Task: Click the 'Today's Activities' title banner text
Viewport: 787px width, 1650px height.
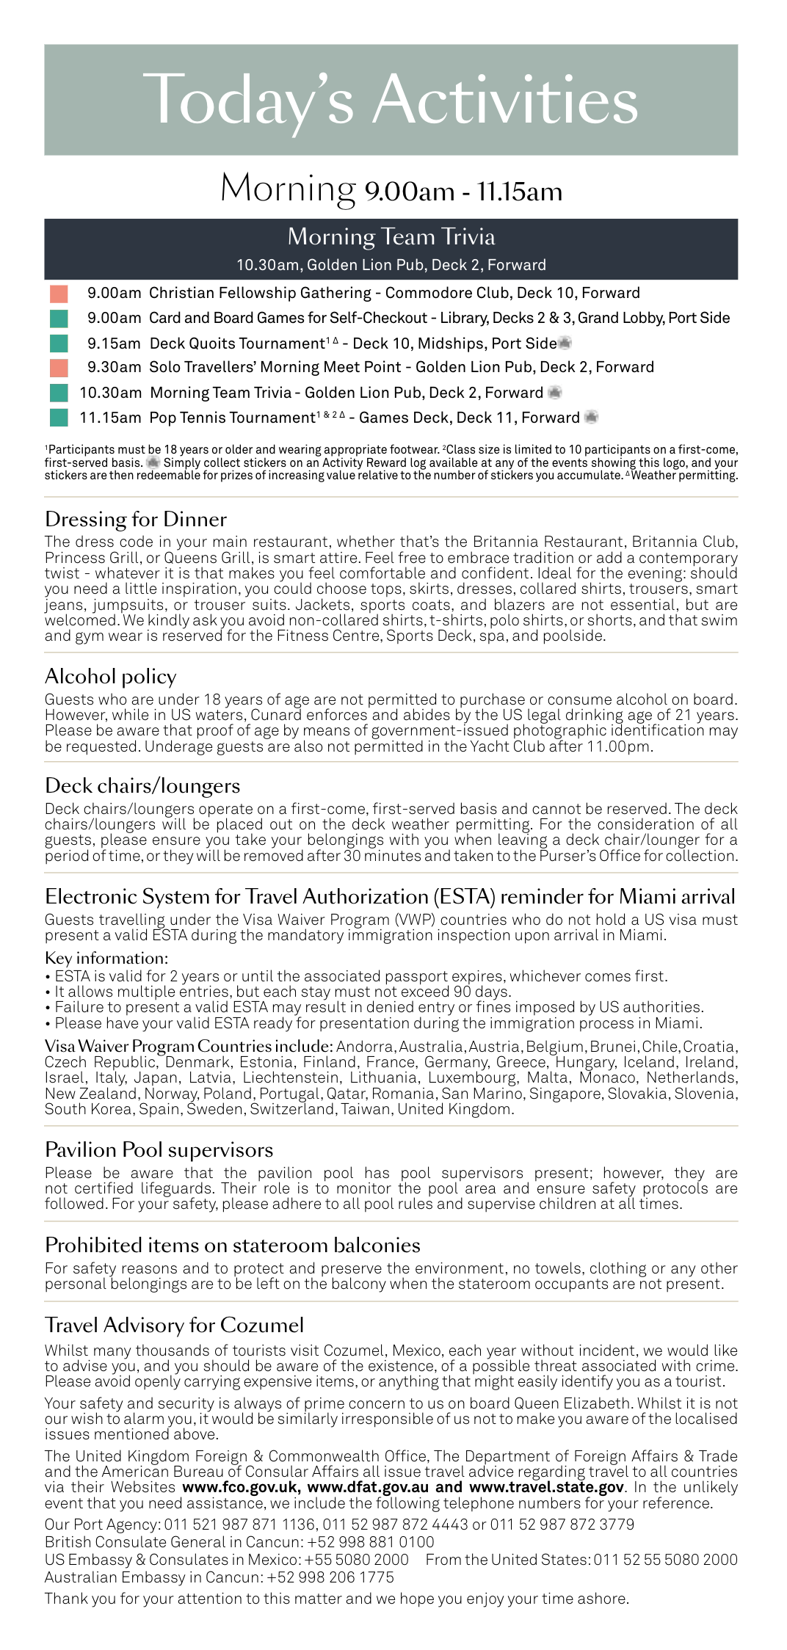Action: tap(391, 101)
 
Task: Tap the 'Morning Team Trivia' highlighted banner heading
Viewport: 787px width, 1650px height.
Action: tap(391, 237)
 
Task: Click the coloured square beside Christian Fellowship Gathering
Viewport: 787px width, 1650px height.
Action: tap(59, 294)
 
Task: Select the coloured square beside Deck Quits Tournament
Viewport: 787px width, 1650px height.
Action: tap(59, 344)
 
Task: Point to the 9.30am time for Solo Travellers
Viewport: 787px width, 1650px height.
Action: tap(114, 367)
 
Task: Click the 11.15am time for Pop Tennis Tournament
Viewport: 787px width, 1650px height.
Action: tap(110, 418)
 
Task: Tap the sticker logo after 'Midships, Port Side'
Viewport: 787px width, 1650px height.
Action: tap(565, 343)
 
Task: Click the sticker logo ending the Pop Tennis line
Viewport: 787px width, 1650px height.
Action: tap(590, 418)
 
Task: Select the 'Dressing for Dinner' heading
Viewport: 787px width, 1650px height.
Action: tap(135, 520)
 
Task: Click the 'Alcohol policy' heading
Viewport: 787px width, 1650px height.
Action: tap(110, 677)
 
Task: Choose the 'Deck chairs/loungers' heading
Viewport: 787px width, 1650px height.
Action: tap(142, 786)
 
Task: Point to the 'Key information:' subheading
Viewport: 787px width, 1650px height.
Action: tap(106, 959)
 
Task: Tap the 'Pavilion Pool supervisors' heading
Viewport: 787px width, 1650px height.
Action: tap(159, 1149)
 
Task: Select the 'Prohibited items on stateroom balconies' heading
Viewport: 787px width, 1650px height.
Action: tap(232, 1245)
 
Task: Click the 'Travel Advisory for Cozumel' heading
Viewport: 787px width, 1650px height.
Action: tap(174, 1325)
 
